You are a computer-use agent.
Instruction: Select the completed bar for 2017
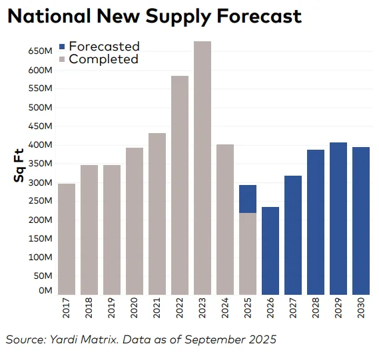point(67,239)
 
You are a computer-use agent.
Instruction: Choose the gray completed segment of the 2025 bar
point(248,254)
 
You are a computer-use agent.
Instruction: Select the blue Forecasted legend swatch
point(62,47)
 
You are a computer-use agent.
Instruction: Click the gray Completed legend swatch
point(62,59)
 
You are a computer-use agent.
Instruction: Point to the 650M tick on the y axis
point(40,51)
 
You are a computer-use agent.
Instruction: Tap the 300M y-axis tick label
point(40,182)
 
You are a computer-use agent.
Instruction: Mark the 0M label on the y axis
point(44,291)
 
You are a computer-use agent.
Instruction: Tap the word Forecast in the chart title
point(256,17)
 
